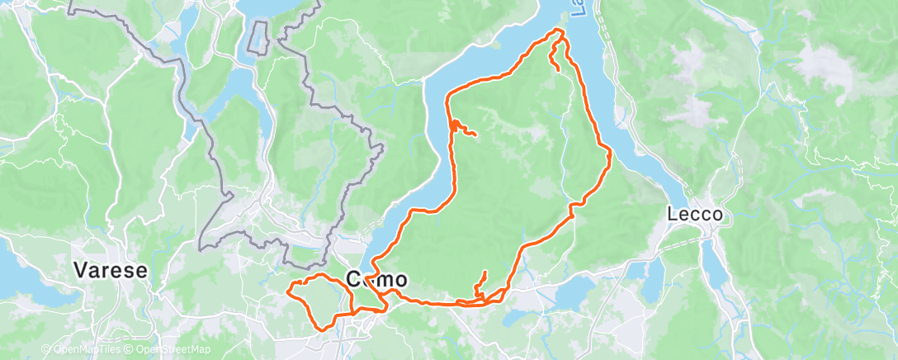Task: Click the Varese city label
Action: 111,270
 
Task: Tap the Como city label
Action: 376,279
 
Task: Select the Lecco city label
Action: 696,215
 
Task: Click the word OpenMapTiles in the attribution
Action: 86,350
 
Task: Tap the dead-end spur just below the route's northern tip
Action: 559,69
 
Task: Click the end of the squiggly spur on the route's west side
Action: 475,134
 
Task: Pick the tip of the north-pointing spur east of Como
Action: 485,272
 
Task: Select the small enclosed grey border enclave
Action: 259,36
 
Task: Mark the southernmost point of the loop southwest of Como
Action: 322,326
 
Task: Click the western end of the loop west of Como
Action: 287,290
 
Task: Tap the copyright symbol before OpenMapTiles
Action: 46,350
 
